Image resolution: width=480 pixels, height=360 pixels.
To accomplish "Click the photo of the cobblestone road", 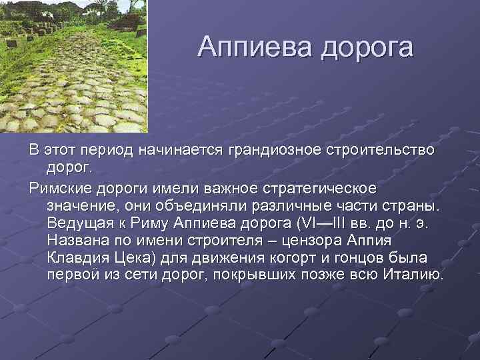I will [73, 66].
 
